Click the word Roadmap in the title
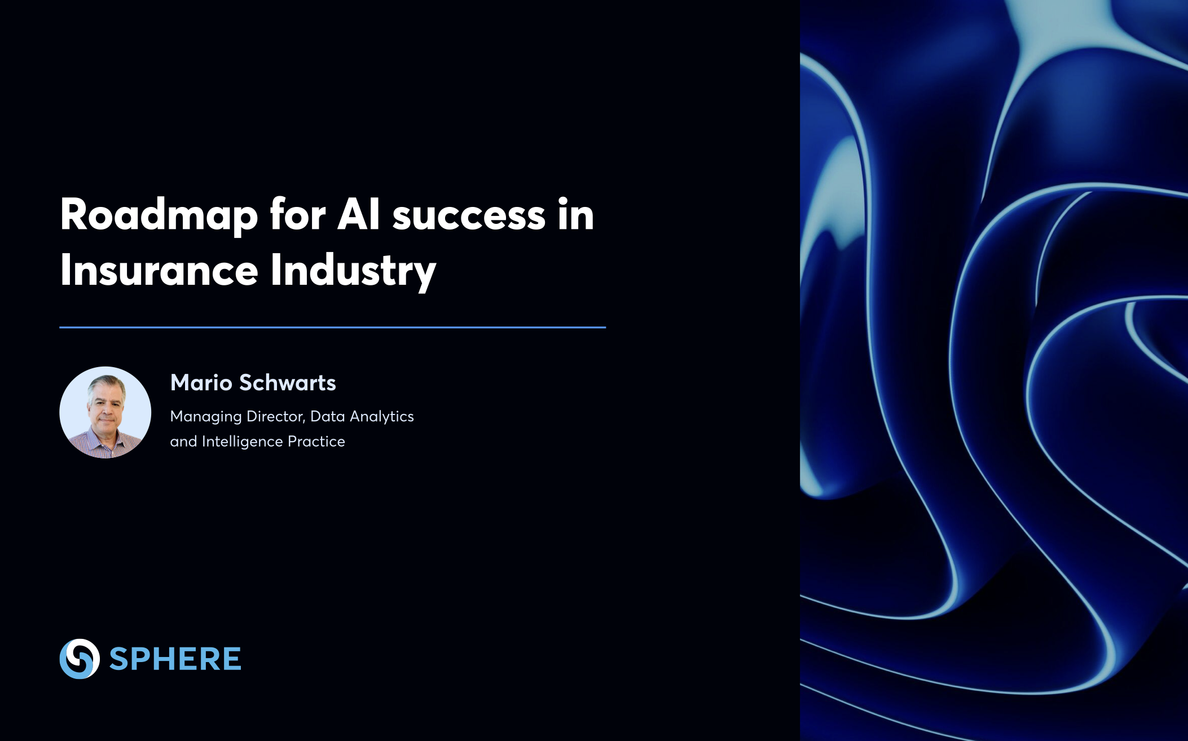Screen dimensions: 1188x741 coord(159,216)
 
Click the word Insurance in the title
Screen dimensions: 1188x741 coord(159,270)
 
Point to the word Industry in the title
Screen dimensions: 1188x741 coord(353,271)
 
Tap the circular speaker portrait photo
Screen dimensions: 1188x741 coord(105,412)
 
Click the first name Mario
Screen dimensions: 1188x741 coord(201,383)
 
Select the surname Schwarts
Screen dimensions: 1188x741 coord(288,382)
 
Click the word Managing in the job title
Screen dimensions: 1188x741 coord(206,417)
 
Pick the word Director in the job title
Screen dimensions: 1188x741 coord(276,416)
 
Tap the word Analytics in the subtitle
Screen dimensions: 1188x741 coord(382,417)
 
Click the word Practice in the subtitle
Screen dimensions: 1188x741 coord(316,441)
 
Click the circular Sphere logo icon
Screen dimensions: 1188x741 coord(80,659)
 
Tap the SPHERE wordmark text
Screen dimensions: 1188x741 coord(175,659)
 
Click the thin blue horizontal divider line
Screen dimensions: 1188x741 coord(333,327)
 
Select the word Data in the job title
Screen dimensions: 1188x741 coord(328,416)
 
